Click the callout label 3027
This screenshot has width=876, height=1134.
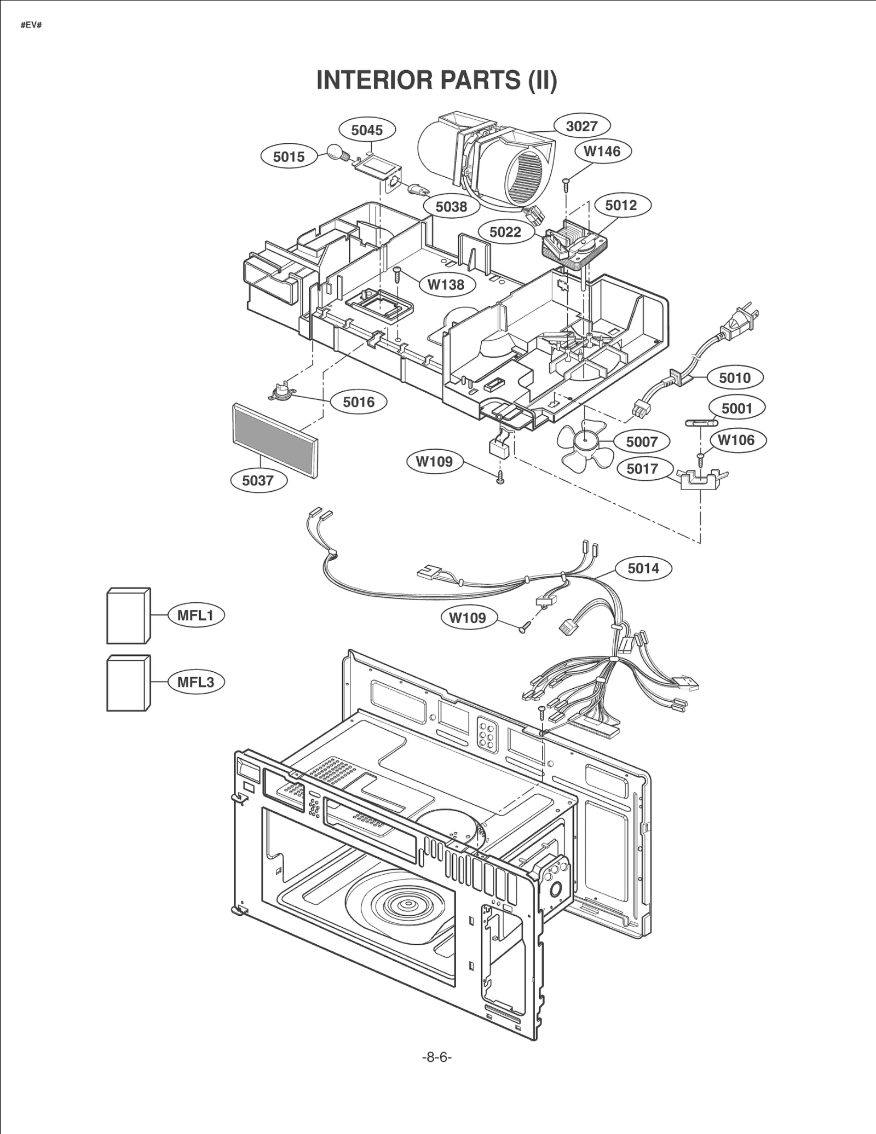pyautogui.click(x=581, y=126)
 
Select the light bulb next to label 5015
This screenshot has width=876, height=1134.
pyautogui.click(x=336, y=152)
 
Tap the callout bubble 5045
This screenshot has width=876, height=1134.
pyautogui.click(x=367, y=130)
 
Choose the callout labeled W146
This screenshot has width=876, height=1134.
pyautogui.click(x=602, y=152)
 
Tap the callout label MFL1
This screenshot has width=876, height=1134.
pyautogui.click(x=195, y=615)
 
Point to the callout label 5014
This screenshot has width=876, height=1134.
pyautogui.click(x=643, y=568)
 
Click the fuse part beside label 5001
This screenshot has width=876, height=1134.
pyautogui.click(x=701, y=422)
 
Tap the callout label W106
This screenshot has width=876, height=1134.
pyautogui.click(x=735, y=440)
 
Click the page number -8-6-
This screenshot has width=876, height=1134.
pyautogui.click(x=437, y=1057)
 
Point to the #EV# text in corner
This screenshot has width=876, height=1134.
pyautogui.click(x=31, y=26)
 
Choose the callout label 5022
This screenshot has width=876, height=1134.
pyautogui.click(x=505, y=232)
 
